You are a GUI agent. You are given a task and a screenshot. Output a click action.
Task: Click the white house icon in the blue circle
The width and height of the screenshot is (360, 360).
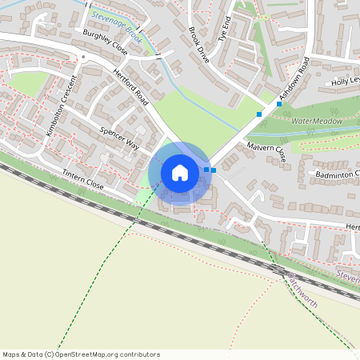point(179,172)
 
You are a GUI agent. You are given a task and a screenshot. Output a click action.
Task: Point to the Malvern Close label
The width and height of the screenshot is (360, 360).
point(268,151)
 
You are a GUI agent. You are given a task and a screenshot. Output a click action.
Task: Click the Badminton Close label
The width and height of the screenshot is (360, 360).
point(337,173)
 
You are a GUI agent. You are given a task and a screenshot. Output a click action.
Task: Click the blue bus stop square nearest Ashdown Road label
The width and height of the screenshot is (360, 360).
point(279,103)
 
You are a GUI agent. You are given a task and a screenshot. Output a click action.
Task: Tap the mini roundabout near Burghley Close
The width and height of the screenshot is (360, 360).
point(82,57)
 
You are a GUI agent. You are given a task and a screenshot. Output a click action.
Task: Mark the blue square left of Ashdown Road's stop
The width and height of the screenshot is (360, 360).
point(259,114)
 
